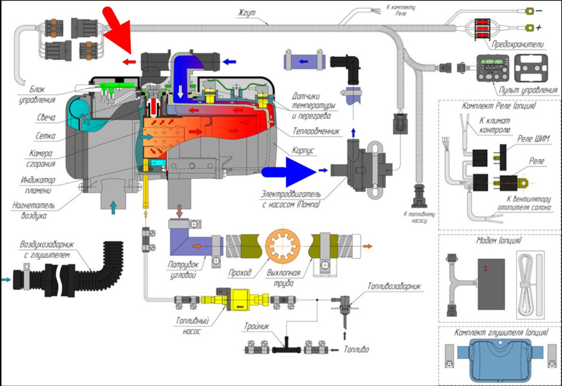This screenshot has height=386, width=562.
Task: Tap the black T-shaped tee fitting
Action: (x=287, y=347)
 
